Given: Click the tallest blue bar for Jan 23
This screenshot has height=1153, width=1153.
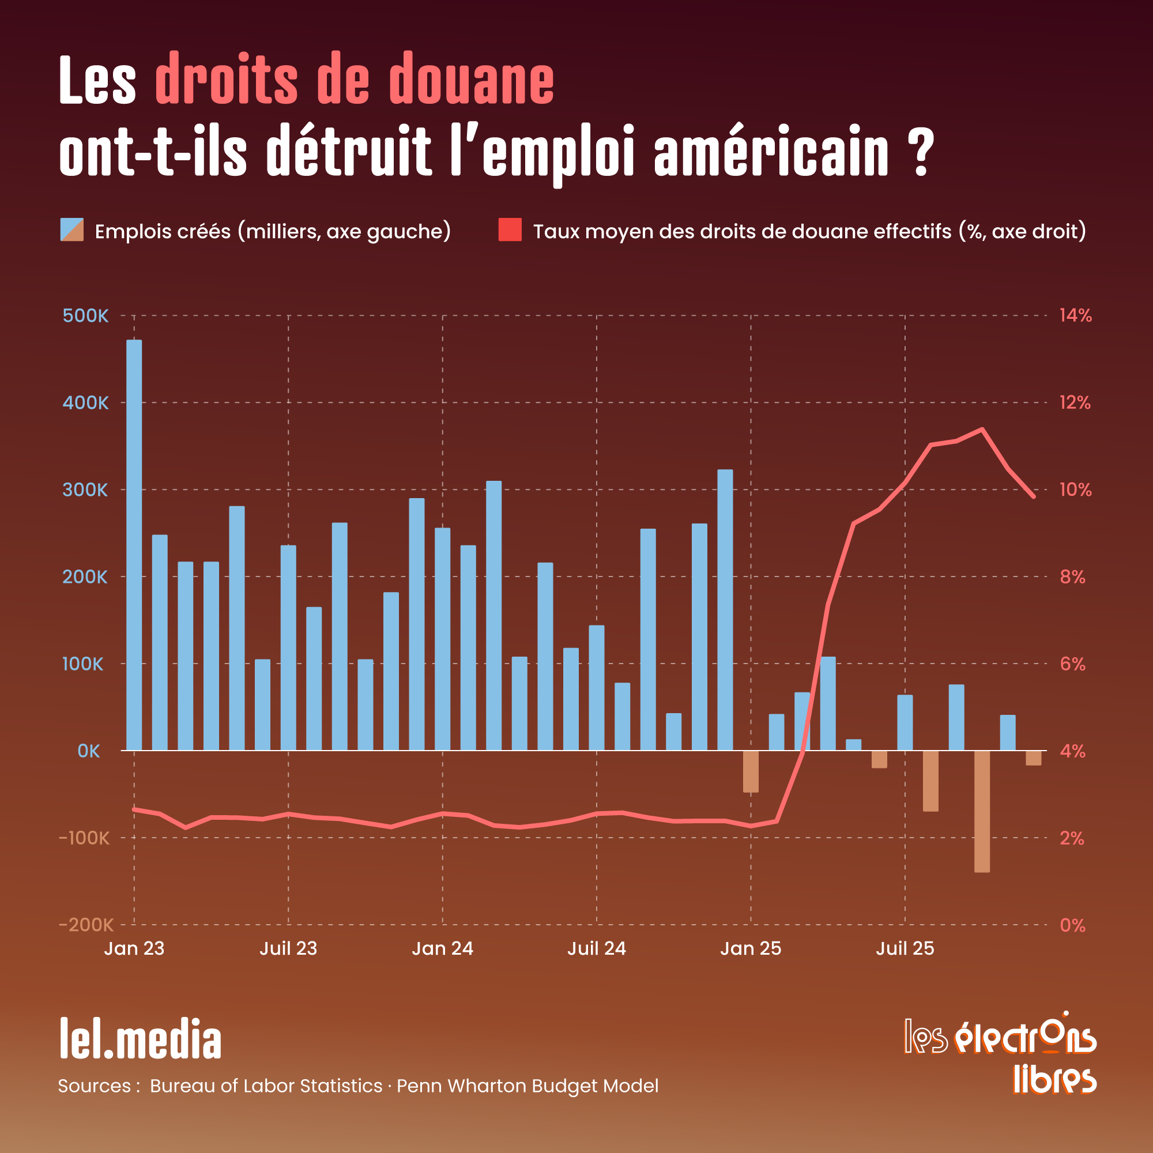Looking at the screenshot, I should tap(134, 544).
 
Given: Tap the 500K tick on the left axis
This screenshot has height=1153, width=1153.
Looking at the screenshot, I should tap(85, 316).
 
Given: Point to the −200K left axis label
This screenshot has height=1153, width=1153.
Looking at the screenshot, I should tap(86, 925).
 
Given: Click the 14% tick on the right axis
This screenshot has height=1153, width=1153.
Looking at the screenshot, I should tap(1075, 315).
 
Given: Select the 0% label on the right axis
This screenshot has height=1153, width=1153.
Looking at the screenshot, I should tap(1072, 925).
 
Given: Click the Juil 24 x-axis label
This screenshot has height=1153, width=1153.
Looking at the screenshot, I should tap(596, 948).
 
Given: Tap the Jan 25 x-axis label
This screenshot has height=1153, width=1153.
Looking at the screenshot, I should tap(750, 948).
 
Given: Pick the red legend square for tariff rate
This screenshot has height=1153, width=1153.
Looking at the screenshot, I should tap(510, 230).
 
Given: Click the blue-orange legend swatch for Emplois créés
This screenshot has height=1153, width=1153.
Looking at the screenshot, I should tap(71, 230).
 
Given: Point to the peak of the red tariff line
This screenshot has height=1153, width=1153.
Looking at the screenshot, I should tap(982, 429).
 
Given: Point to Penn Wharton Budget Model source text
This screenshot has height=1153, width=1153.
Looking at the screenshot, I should tap(527, 1086).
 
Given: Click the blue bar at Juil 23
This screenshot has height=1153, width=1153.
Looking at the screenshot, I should tap(288, 647).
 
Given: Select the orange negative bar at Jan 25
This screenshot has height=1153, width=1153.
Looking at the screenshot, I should tap(750, 771).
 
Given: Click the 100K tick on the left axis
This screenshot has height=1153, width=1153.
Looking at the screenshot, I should tap(83, 664).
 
